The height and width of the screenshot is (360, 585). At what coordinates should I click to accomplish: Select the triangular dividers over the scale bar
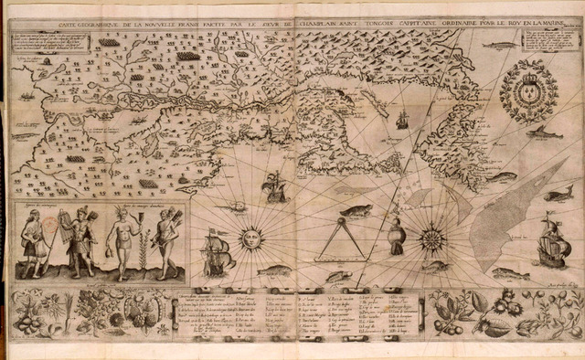340,240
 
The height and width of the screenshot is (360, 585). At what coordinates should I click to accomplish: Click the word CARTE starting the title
47,27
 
